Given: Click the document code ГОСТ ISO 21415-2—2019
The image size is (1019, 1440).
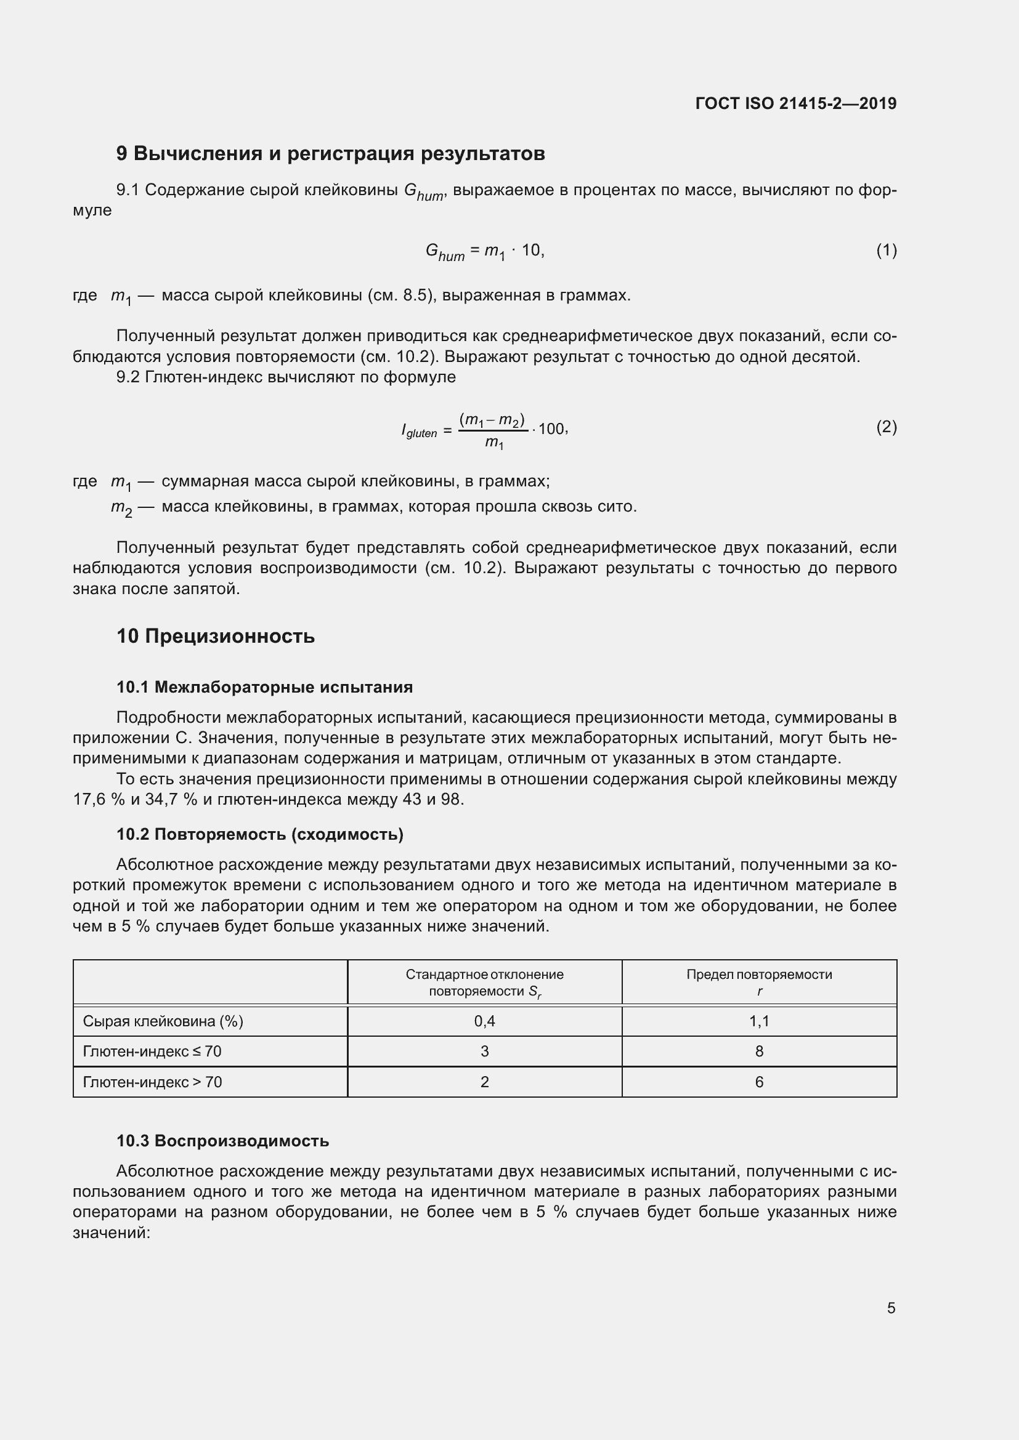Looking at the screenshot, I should (x=795, y=103).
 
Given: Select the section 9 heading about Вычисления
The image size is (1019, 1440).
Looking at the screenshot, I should (x=330, y=154).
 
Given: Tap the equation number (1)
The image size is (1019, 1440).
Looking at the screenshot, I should (x=886, y=251).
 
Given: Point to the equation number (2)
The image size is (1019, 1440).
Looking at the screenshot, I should (x=886, y=428).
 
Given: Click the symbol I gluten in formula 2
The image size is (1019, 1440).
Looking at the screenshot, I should (x=419, y=431).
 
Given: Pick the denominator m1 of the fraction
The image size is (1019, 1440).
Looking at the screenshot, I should (x=494, y=443).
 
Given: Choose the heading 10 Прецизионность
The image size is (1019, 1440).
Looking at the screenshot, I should (x=215, y=637).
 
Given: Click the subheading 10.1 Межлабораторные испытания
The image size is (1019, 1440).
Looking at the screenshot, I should (x=264, y=688).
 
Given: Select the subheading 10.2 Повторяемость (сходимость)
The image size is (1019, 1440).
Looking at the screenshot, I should (x=260, y=835).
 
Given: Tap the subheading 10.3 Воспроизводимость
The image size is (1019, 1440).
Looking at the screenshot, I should (x=223, y=1141).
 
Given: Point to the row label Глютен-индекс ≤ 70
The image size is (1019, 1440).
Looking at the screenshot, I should (x=152, y=1052).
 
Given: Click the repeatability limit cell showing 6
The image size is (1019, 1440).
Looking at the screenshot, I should (x=758, y=1082).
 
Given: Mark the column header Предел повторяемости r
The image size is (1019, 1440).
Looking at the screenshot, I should (x=758, y=983).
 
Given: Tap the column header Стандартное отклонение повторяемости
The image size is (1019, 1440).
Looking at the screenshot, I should (x=484, y=983).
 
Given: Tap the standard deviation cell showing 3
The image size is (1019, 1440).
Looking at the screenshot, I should (x=484, y=1052).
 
